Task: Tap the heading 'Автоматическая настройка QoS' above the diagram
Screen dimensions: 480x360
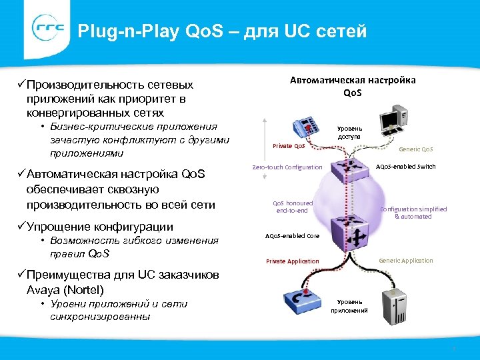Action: click(x=352, y=86)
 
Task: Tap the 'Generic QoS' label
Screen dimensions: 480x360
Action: click(x=416, y=149)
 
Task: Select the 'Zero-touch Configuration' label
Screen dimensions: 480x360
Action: click(x=287, y=167)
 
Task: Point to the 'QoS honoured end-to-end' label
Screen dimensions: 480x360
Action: click(x=293, y=207)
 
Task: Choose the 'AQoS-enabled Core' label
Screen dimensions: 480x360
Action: click(x=292, y=236)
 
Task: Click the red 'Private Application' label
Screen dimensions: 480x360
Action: click(x=292, y=261)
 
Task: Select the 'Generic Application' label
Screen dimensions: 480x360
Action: click(x=405, y=261)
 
